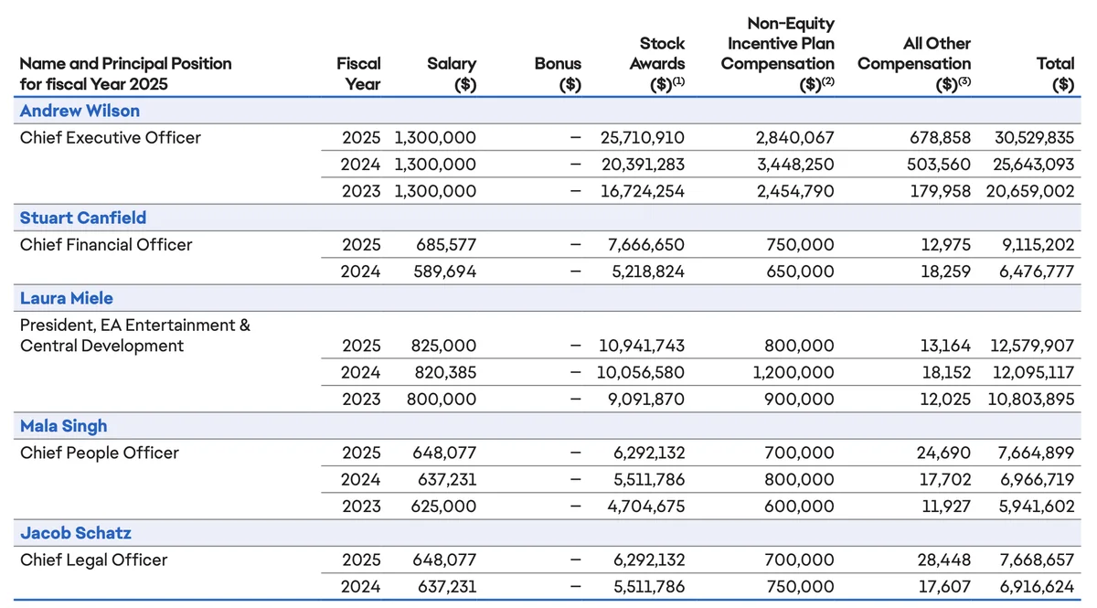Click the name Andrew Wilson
coord(80,111)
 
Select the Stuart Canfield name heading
coord(83,218)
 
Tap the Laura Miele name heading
coord(67,298)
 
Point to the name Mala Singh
coord(64,426)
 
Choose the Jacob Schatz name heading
coord(76,532)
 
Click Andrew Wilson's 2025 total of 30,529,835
coord(1034,138)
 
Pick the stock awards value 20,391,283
coord(643,165)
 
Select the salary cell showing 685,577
coord(446,244)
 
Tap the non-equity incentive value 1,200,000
coord(793,372)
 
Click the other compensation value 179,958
coord(941,191)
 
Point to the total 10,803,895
coord(1031,400)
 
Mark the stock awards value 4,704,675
coord(646,507)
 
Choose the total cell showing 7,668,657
coord(1037,560)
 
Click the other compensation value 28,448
coord(944,560)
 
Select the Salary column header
coord(452,74)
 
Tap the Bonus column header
coord(558,74)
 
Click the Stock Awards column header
coord(657,64)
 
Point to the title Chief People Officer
coord(100,453)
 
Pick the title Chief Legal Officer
coord(94,560)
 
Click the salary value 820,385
coord(446,372)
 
